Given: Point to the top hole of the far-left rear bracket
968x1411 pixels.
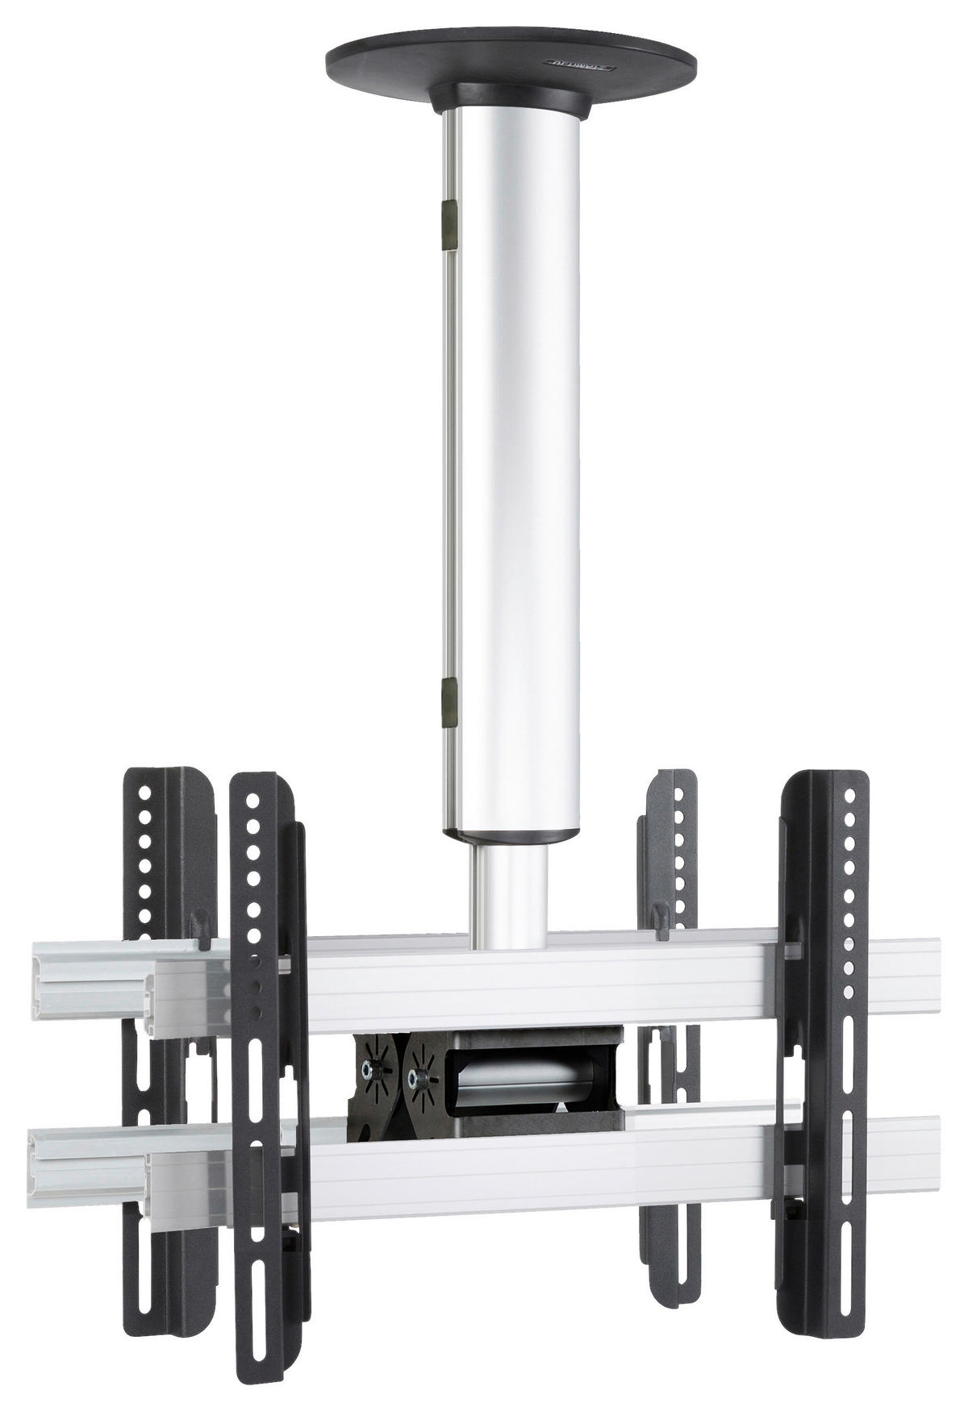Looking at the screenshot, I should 144,792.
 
